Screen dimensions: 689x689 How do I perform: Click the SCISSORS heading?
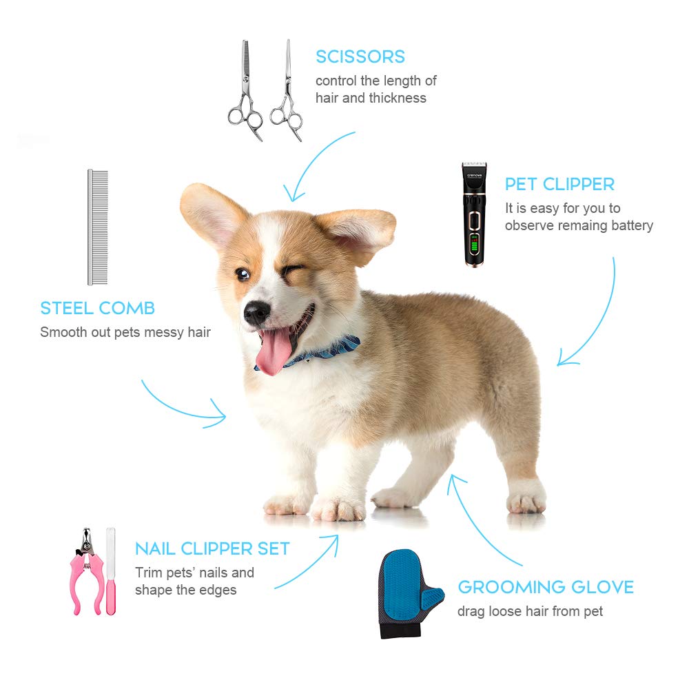click(360, 56)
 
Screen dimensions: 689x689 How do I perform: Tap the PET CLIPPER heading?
click(559, 185)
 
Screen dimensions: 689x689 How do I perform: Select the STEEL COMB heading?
click(97, 308)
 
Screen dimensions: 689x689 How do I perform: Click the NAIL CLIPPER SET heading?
click(212, 549)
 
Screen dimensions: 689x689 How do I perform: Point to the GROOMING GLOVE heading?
click(546, 588)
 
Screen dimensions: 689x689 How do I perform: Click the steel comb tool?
click(97, 227)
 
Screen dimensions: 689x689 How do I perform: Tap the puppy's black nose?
click(256, 312)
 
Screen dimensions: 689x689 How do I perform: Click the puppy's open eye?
click(243, 274)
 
